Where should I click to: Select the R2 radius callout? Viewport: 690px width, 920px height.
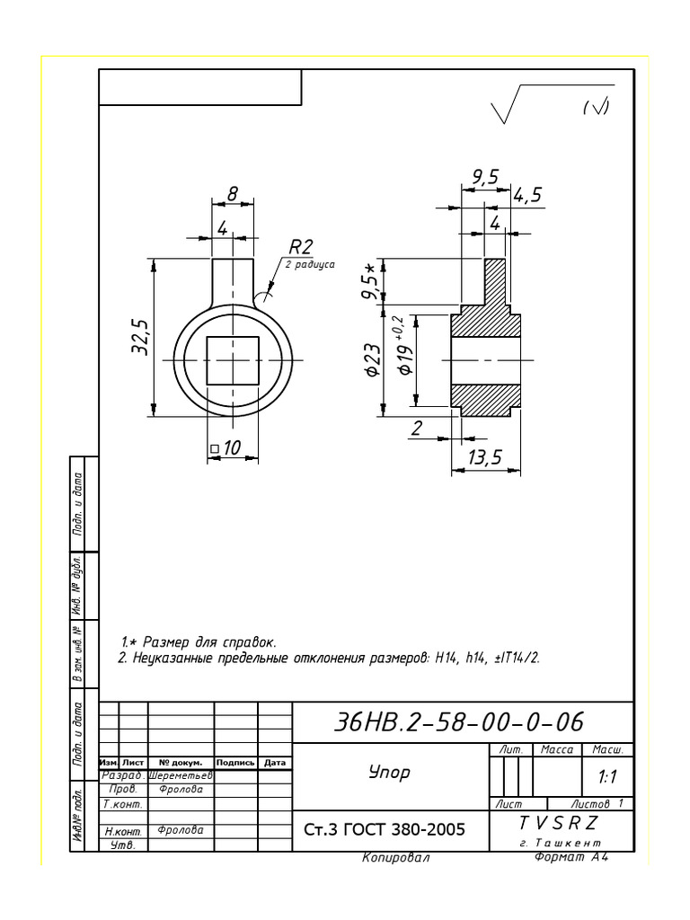tap(300, 247)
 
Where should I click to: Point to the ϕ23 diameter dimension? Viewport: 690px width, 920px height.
tap(372, 360)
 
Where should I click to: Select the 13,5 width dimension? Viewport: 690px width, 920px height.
tap(485, 457)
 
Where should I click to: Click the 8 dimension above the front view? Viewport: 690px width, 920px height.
tap(233, 193)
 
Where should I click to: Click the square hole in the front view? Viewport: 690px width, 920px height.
tap(233, 360)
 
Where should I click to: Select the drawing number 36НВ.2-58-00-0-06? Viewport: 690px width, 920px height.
tap(458, 721)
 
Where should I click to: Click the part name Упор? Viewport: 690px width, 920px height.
tap(389, 772)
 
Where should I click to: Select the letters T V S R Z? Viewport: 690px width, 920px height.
tap(558, 823)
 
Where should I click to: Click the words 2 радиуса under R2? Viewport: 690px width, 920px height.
tap(309, 265)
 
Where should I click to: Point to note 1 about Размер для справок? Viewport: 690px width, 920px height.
tap(199, 641)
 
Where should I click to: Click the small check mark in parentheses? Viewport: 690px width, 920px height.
tap(596, 108)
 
